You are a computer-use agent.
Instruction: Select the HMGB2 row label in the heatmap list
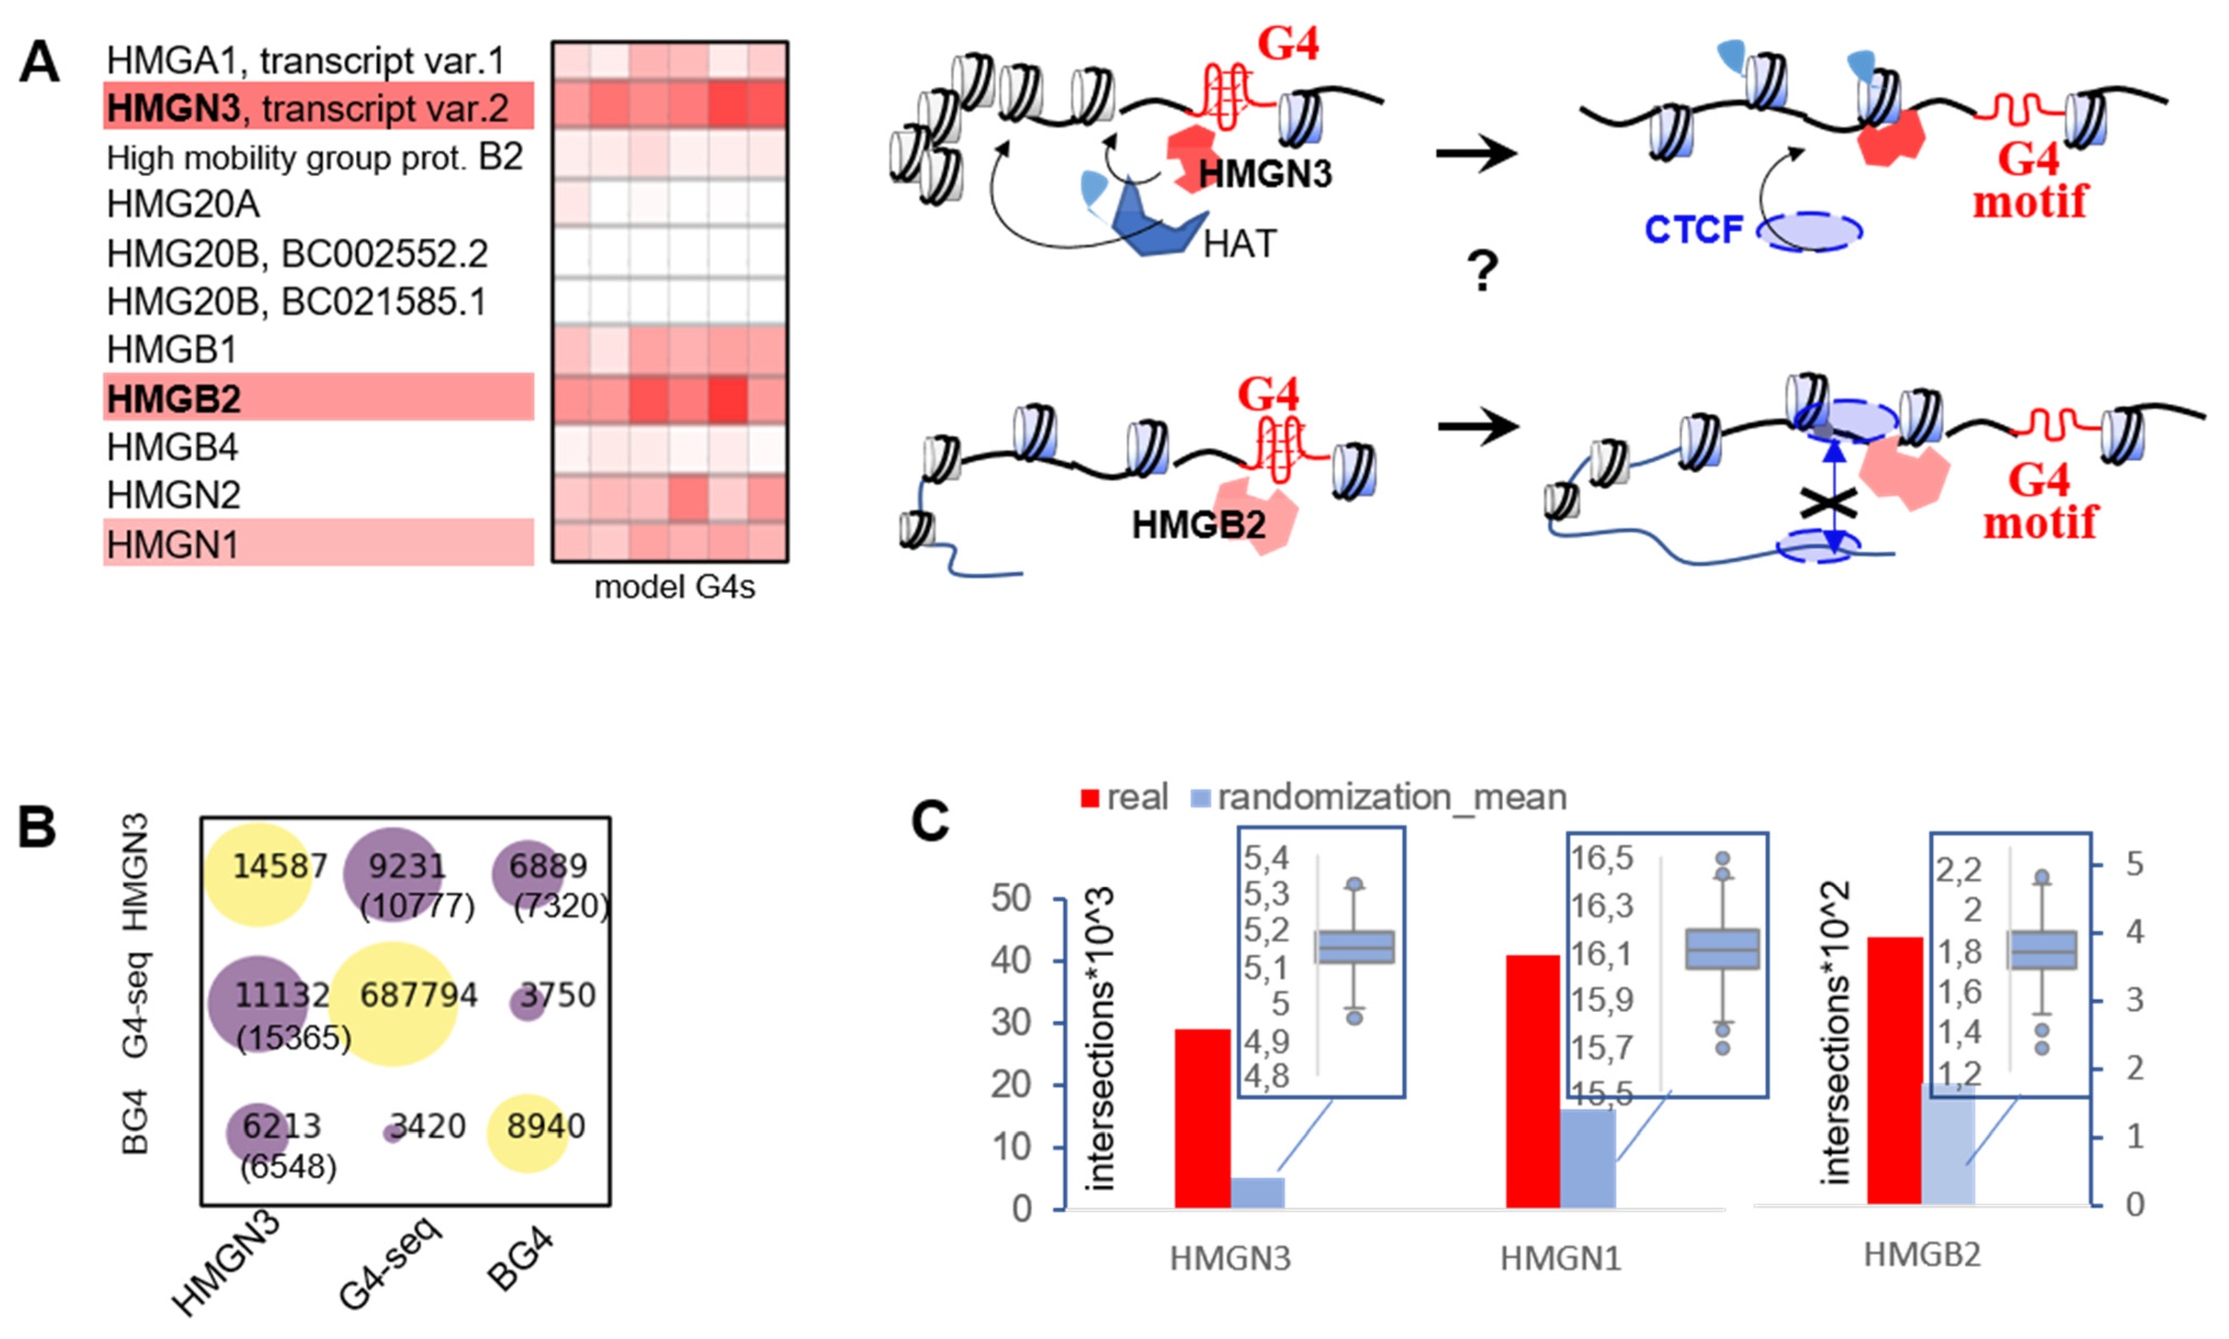tap(174, 398)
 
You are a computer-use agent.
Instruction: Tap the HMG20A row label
tap(183, 205)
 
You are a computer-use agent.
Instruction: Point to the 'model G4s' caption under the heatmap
tap(674, 587)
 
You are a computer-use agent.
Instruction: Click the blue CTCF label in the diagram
tap(1693, 229)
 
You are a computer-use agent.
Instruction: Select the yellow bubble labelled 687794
tap(393, 1003)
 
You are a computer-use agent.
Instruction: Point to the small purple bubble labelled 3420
tap(392, 1132)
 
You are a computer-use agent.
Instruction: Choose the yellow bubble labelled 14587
tap(258, 874)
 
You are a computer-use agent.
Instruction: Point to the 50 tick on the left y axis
tap(1011, 899)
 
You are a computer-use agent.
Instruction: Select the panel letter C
tap(930, 821)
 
